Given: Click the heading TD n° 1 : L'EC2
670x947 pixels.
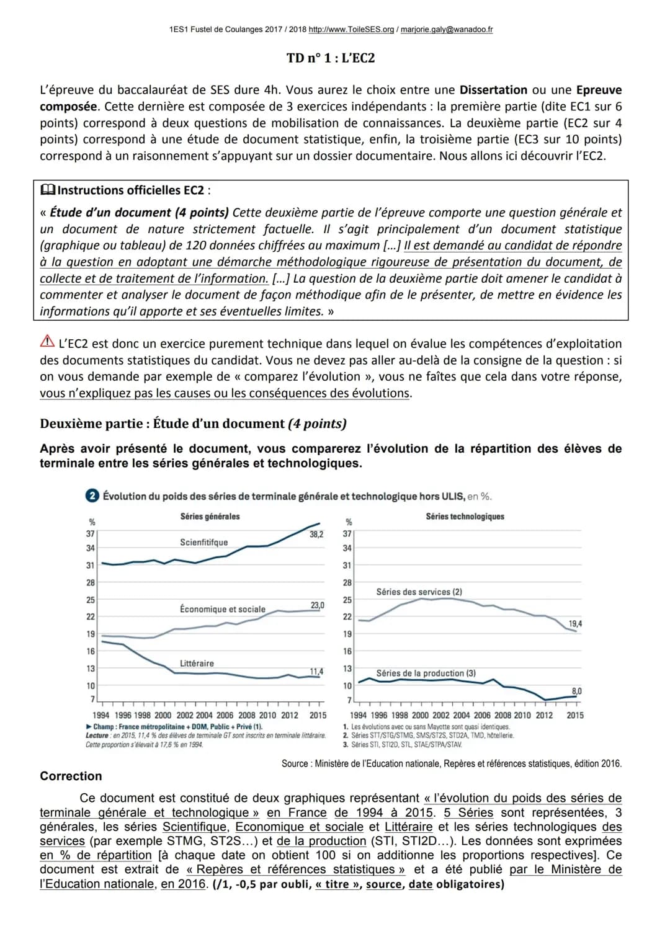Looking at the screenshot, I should click(x=331, y=58).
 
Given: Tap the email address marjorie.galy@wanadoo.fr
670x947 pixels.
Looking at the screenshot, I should click(x=447, y=29).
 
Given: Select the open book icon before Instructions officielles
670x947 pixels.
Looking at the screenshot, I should click(x=47, y=190).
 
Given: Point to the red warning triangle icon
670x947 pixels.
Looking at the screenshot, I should click(x=47, y=342).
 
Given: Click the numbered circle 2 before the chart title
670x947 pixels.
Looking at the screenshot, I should click(x=92, y=496).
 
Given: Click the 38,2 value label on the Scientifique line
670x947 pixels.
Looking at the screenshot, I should click(x=316, y=535).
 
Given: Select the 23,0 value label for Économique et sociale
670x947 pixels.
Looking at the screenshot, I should click(x=317, y=605).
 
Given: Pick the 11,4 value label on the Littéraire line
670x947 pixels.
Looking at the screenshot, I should click(x=316, y=672).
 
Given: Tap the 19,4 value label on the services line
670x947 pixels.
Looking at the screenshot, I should click(x=575, y=624).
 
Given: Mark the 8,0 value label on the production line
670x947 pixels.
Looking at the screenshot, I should click(x=576, y=691).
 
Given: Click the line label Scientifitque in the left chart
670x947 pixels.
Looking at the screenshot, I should click(x=203, y=542).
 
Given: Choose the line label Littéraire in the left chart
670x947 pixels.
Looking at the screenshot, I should click(x=197, y=663).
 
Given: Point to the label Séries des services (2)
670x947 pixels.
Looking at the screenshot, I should click(x=419, y=592).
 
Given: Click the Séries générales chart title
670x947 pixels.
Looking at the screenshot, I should click(x=210, y=516).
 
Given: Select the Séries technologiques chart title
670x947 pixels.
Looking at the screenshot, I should click(x=465, y=516).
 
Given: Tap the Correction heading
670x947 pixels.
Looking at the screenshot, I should click(x=71, y=776).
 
